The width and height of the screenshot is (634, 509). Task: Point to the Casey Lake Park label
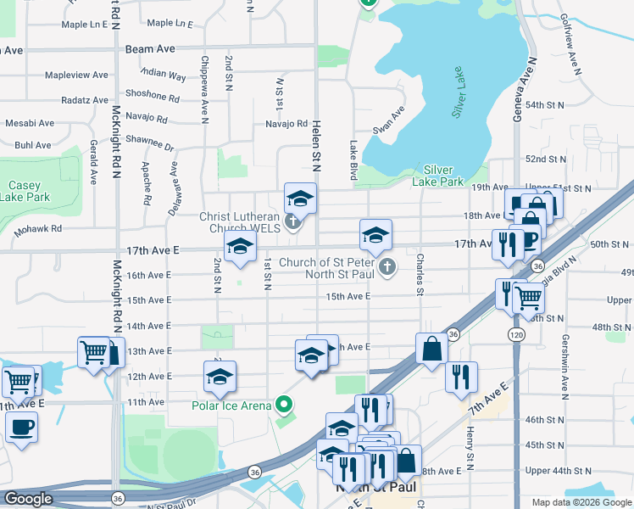point(25,191)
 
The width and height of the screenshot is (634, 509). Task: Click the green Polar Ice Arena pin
point(286,405)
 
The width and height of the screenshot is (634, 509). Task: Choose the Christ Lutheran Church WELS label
point(240,221)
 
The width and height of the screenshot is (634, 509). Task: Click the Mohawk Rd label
point(38,229)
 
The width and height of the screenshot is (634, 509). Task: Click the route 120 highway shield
point(516,336)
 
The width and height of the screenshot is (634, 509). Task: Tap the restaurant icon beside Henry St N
point(461,378)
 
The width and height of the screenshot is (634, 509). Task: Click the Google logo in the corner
point(28,499)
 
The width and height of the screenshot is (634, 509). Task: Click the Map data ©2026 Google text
point(581,502)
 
